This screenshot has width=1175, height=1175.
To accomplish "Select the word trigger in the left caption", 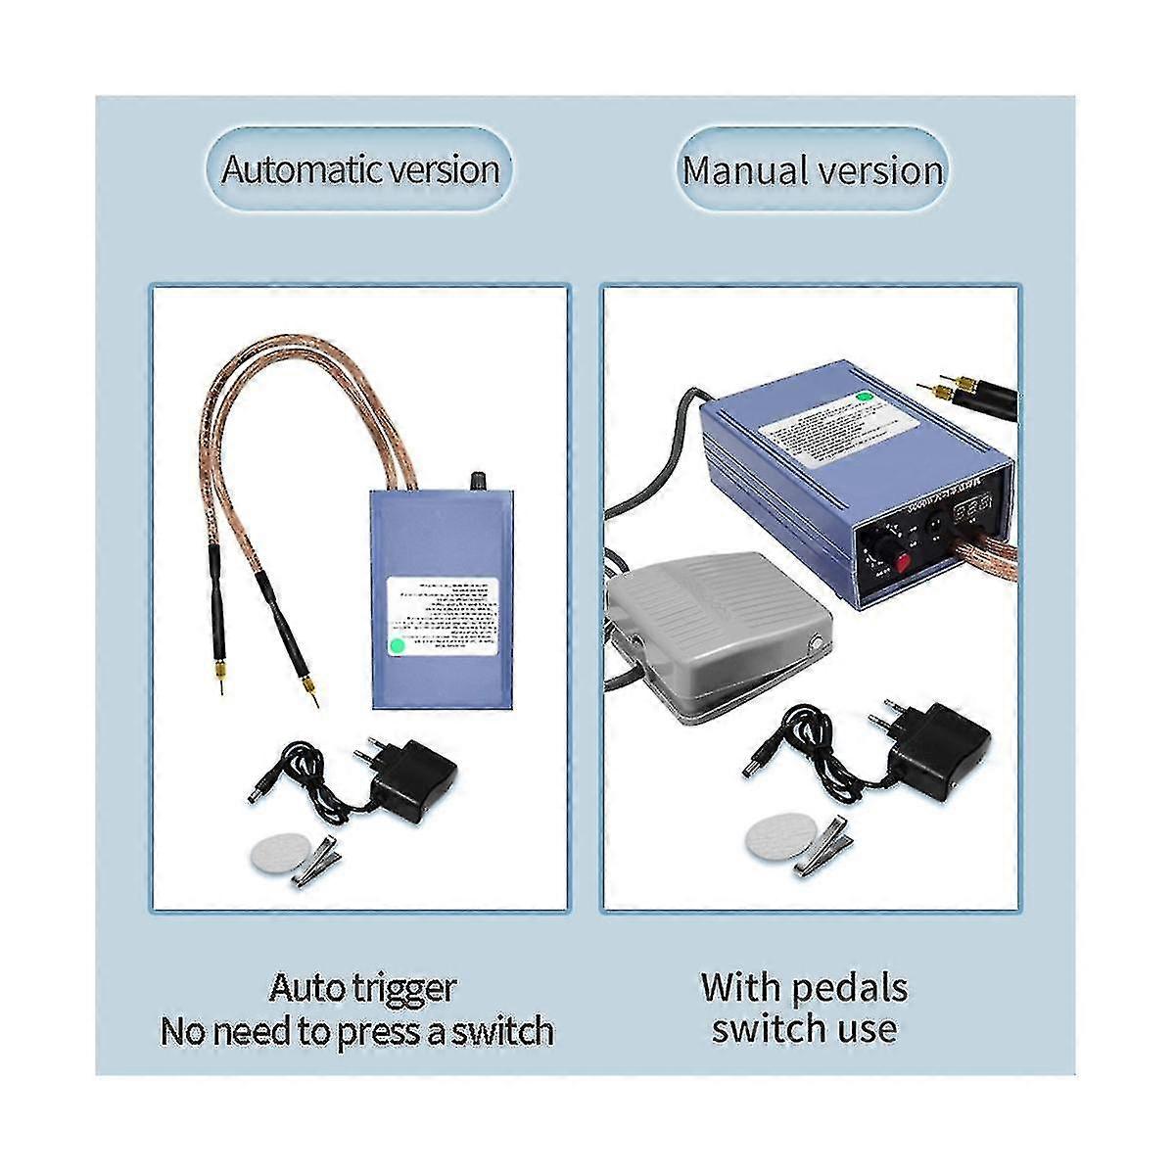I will [x=403, y=988].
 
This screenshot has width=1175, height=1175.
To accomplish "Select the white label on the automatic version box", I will [x=444, y=618].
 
